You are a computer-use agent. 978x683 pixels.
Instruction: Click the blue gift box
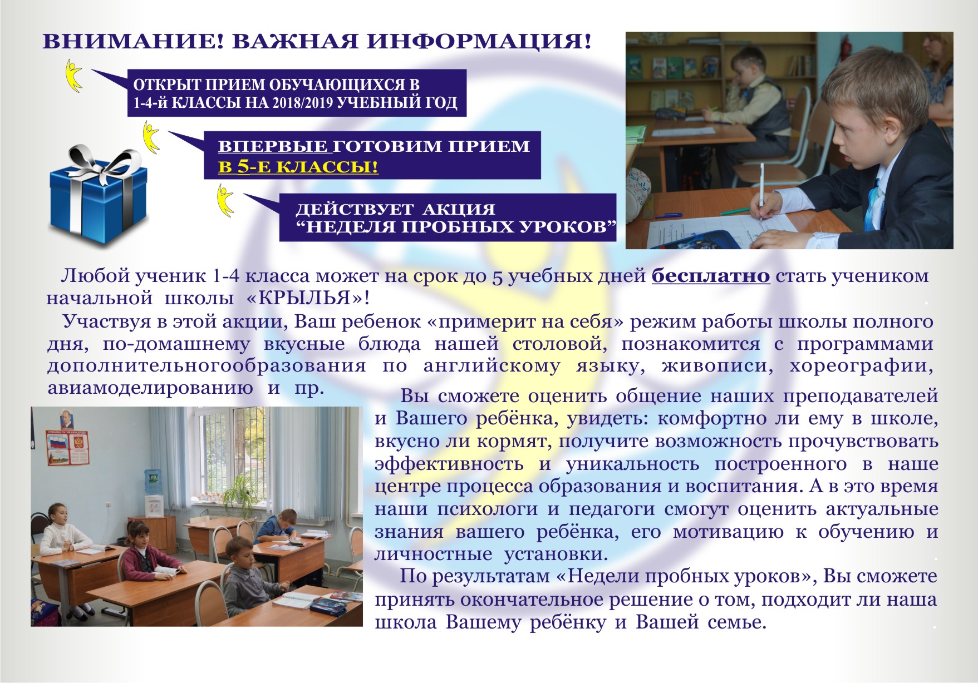coord(98,195)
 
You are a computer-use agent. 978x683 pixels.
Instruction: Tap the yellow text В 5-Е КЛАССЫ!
coord(298,167)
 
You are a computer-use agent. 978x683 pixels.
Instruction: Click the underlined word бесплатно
coord(711,276)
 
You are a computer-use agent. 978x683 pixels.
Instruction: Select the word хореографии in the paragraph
coord(861,366)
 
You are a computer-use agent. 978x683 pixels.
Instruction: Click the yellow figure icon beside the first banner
coord(73,75)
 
